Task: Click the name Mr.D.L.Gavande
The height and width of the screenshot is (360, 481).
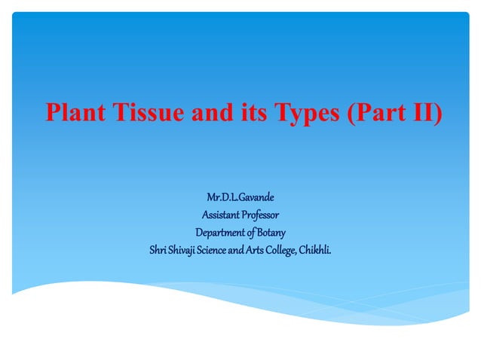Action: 240,197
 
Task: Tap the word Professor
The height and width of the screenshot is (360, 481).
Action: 261,214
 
